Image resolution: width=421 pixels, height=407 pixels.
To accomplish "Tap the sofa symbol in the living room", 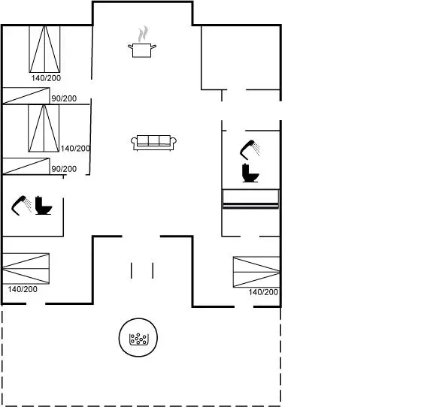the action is point(153,143).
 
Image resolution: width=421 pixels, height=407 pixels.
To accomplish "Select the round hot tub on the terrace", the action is point(138,337).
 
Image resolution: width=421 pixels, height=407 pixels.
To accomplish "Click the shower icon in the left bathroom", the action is point(21,206).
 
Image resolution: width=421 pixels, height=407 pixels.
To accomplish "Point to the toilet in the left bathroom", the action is point(44,205).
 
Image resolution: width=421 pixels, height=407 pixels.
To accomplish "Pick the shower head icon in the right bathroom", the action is point(250,149).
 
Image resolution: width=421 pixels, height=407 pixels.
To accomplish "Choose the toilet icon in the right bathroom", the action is point(250,173).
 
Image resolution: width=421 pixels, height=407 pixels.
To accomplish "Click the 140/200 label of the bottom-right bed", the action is point(263,292).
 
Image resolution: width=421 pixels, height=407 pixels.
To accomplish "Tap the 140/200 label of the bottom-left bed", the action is point(23,289).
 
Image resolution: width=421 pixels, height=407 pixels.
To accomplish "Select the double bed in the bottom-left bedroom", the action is point(26,268).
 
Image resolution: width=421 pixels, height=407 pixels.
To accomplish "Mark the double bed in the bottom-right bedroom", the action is point(256,272).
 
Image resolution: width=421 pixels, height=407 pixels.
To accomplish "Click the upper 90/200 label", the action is point(64,98).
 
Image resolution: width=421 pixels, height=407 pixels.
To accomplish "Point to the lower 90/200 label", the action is point(64,169).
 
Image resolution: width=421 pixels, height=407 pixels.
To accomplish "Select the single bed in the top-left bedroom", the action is point(26,95).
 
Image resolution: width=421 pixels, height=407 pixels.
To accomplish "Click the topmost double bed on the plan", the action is point(44,49).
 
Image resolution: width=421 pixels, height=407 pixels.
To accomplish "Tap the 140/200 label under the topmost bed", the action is point(46,78).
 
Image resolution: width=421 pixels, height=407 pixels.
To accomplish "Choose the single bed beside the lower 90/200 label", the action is point(26,166).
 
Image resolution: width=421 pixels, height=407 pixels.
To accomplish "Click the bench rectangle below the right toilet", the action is point(251,199).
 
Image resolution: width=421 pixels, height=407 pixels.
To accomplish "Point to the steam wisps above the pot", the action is point(143,34).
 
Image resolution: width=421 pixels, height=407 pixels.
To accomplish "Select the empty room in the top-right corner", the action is point(241,57).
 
